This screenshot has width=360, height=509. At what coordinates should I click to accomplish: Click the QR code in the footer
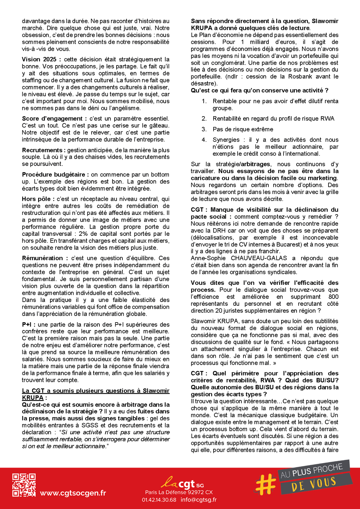[x=24, y=485]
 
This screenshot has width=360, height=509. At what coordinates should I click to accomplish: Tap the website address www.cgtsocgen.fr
[x=73, y=493]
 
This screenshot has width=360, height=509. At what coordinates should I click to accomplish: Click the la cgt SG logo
[x=182, y=483]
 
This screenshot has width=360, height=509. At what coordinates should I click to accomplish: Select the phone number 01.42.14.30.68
[x=159, y=500]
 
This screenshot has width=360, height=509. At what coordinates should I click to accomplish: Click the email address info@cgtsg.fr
[x=199, y=500]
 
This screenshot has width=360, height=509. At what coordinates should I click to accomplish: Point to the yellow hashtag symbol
[x=266, y=483]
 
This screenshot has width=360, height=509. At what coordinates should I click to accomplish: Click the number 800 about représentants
[x=333, y=296]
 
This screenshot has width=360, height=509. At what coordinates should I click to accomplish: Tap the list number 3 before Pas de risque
[x=204, y=129]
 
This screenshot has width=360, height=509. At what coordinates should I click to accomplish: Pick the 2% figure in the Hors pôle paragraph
[x=83, y=234]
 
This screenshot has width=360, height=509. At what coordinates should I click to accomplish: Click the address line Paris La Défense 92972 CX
[x=179, y=492]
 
